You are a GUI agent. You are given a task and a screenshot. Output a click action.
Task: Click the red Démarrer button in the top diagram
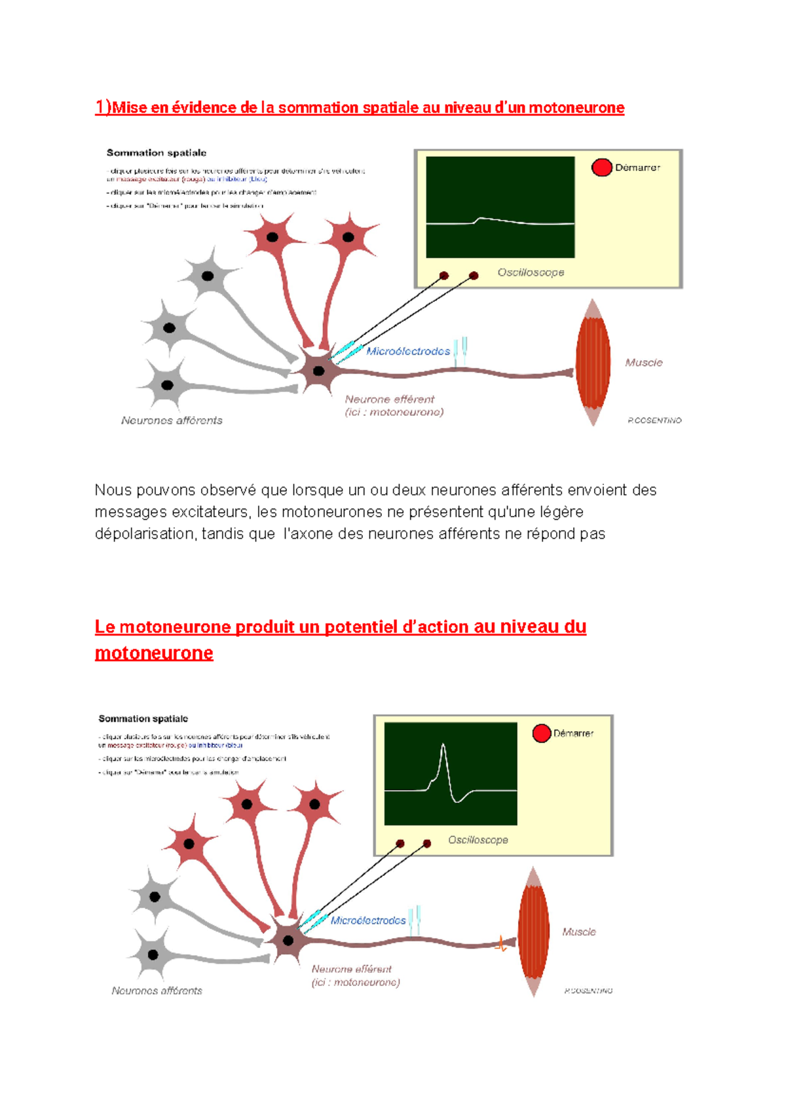601,168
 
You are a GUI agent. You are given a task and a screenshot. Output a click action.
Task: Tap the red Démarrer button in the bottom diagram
541,733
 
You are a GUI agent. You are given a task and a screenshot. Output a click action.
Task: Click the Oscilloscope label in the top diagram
531,272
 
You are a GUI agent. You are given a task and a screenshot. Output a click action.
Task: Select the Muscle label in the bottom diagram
579,932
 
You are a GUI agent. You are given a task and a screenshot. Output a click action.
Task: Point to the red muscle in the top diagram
593,363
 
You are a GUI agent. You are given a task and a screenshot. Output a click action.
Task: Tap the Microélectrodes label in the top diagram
408,352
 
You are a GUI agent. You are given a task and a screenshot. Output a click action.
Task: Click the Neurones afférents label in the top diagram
172,420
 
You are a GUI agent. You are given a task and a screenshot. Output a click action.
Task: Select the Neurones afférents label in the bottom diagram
157,991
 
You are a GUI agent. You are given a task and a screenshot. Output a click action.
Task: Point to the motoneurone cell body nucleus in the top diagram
319,371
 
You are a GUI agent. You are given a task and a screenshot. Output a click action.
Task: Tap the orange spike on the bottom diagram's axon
502,944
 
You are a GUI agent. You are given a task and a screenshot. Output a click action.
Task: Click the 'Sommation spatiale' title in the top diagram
157,153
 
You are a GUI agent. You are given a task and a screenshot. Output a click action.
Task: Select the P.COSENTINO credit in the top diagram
654,420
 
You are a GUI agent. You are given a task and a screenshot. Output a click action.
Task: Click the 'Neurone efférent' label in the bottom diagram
352,969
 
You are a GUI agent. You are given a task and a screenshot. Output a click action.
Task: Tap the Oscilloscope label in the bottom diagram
478,840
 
